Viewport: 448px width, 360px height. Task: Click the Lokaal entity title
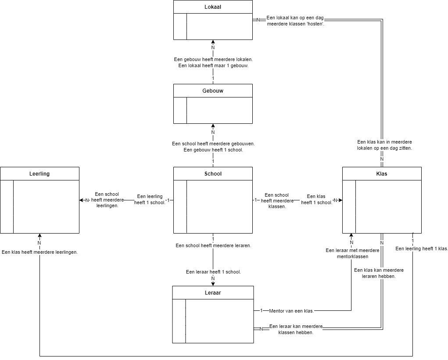click(213, 7)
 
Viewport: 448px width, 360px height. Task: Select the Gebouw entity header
click(213, 91)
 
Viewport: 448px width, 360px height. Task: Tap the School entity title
click(213, 173)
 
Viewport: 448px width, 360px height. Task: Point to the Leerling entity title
click(39, 173)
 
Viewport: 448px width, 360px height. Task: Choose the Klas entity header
click(382, 173)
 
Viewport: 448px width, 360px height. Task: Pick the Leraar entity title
click(213, 292)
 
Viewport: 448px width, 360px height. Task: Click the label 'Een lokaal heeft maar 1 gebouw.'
click(213, 65)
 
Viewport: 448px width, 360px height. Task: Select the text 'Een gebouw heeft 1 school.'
click(213, 150)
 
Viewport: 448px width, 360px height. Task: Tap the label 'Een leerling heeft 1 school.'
click(150, 199)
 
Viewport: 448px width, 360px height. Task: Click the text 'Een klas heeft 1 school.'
click(316, 199)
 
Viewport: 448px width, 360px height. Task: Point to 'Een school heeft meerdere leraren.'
click(213, 246)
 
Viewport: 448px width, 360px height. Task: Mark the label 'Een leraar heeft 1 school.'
click(213, 272)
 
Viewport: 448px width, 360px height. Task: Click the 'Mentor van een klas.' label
click(291, 311)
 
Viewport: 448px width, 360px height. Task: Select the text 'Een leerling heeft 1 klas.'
click(421, 248)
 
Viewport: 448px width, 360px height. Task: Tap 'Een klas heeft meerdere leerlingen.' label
click(39, 252)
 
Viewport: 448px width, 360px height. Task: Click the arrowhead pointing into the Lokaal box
click(213, 42)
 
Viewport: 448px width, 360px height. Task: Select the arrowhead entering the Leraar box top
click(213, 284)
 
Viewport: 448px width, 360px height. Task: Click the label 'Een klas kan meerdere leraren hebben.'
click(379, 273)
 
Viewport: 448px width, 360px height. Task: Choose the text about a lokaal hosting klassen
click(295, 21)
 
